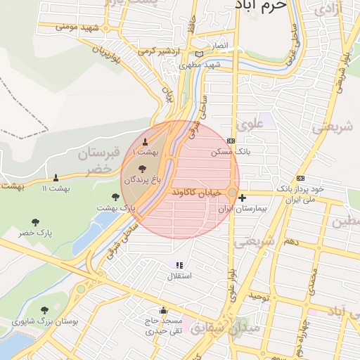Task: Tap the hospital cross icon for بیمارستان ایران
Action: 242,198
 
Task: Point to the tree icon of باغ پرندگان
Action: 143,169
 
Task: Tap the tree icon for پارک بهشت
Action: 116,197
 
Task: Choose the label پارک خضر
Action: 36,233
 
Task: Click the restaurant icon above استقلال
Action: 179,265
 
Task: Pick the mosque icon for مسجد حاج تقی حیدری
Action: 164,310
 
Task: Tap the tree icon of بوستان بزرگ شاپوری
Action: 44,309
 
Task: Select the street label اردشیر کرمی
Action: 155,51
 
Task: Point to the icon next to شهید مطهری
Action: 200,54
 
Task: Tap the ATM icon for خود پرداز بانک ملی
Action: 301,178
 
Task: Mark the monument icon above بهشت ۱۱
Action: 56,177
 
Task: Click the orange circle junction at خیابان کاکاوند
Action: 232,192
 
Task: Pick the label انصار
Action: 220,45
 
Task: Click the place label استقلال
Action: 178,277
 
